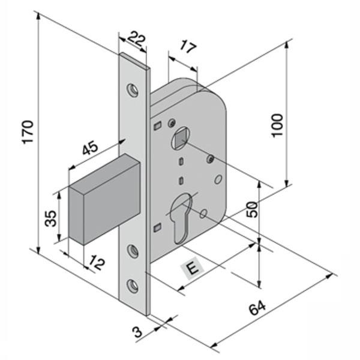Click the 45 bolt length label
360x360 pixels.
tap(90, 147)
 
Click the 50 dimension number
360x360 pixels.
tap(253, 209)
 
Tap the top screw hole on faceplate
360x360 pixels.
tap(133, 89)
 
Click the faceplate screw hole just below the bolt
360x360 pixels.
tap(133, 251)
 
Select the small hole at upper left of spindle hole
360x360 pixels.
tap(172, 122)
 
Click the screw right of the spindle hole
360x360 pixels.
tap(210, 158)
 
